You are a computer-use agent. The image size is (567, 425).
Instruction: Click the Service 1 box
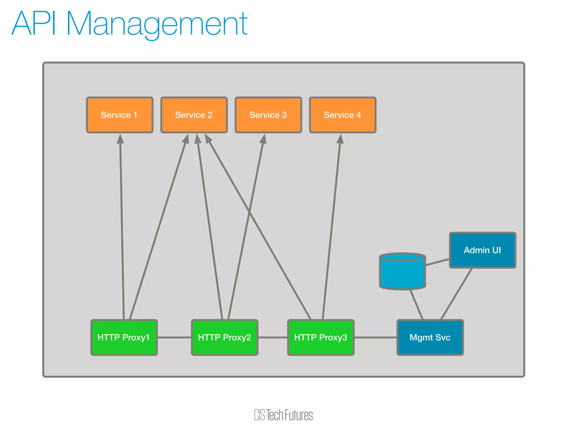coord(120,115)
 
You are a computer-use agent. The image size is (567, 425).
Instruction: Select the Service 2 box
coord(194,115)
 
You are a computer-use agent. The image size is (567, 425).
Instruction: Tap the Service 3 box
coord(268,115)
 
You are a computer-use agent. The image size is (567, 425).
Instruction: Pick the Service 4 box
coord(342,115)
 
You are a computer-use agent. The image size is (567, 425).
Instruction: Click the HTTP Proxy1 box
coord(124,337)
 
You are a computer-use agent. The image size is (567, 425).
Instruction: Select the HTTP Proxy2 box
coord(224,337)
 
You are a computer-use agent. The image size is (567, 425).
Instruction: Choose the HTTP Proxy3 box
coord(321,337)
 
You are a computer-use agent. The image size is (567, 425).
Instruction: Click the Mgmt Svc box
coord(430,337)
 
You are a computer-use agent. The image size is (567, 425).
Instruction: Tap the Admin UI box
coord(482,250)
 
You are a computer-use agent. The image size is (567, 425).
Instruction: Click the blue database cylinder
coord(402,273)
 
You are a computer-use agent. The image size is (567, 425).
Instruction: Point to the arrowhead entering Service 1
coord(120,139)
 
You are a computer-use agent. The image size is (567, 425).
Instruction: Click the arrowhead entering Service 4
coord(340,139)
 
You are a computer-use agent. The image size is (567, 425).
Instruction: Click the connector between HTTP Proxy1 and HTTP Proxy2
coord(174,337)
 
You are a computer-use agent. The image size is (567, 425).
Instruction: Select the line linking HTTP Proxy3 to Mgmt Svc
coord(375,337)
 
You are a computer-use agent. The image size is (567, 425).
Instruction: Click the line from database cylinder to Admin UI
coord(437,262)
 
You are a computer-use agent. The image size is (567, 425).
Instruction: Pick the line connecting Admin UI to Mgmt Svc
coord(456,294)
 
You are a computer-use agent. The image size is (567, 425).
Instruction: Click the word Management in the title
coord(157,24)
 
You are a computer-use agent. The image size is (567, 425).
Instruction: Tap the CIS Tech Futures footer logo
coord(283,415)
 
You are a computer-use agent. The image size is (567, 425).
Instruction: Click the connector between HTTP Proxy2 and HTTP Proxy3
coord(273,337)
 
